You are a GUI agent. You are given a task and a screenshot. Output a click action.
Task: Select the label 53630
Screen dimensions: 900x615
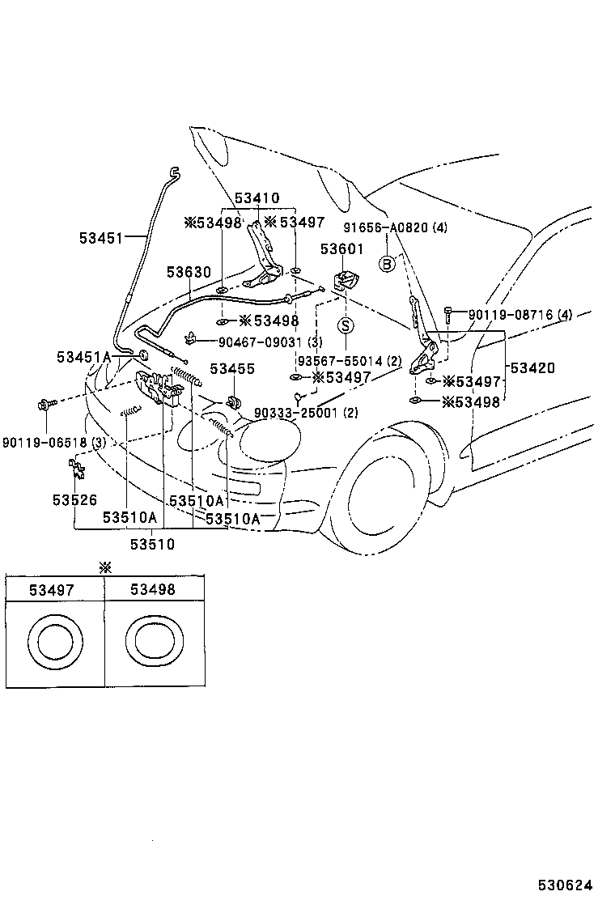click(x=189, y=273)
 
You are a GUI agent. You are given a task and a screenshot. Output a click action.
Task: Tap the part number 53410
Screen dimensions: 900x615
click(x=257, y=198)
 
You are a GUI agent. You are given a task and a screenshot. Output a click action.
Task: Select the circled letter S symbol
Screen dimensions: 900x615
click(x=346, y=325)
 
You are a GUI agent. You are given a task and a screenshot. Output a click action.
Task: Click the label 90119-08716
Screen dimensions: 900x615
click(x=507, y=314)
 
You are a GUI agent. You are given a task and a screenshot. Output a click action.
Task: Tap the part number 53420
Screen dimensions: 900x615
click(x=533, y=367)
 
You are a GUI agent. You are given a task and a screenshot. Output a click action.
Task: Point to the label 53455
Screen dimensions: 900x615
click(x=232, y=369)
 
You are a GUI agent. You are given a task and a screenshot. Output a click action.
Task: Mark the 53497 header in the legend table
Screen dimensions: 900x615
click(x=52, y=591)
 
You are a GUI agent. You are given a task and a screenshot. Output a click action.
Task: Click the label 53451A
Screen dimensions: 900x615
click(x=83, y=357)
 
